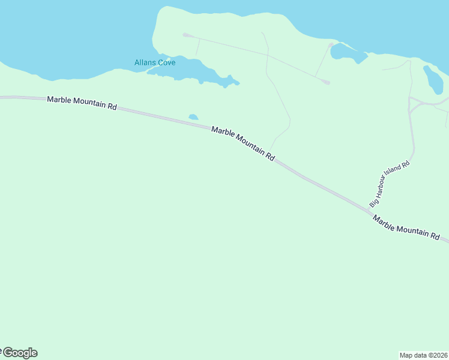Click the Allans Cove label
(x=155, y=62)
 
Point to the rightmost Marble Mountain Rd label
(x=406, y=227)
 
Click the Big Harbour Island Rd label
(x=389, y=184)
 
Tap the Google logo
(x=19, y=353)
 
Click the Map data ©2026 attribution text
(x=424, y=355)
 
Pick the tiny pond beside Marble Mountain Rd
(x=193, y=117)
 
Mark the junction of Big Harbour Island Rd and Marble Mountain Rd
(x=370, y=211)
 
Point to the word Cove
(x=166, y=62)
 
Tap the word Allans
(x=145, y=62)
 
